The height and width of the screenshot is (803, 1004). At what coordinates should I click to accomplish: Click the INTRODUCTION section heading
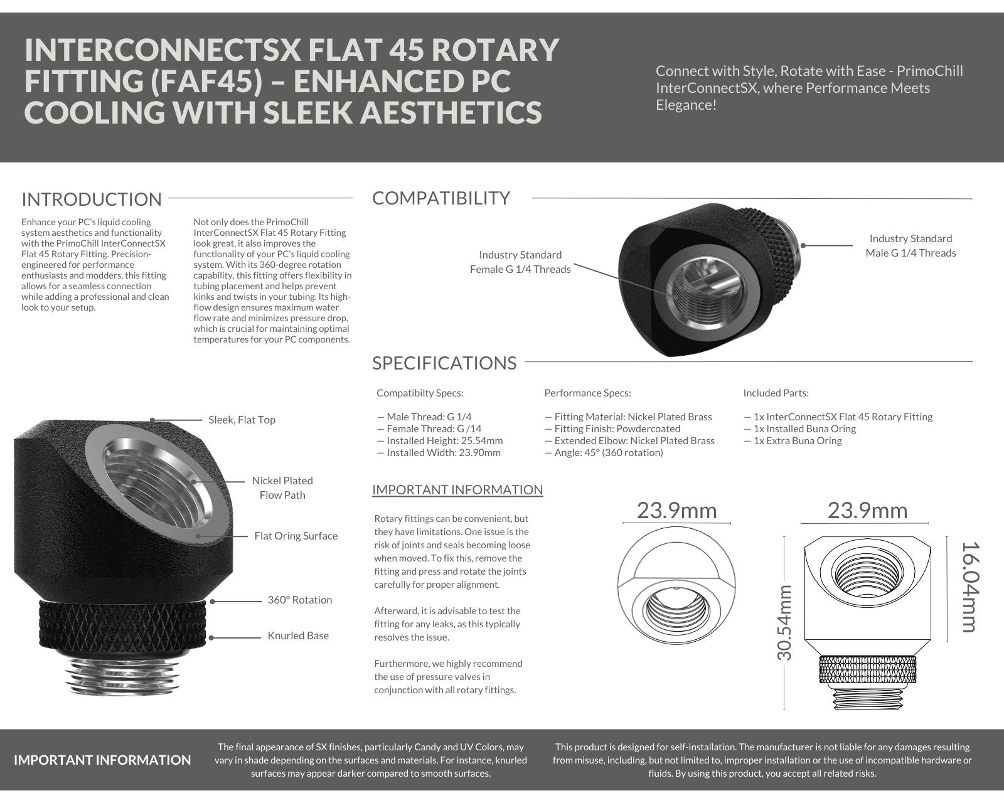pyautogui.click(x=92, y=199)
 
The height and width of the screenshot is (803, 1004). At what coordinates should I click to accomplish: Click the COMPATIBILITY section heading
pyautogui.click(x=441, y=198)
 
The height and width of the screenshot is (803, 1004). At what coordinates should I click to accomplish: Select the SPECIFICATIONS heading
pyautogui.click(x=444, y=363)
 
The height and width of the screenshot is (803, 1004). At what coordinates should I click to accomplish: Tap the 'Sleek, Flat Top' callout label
pyautogui.click(x=242, y=420)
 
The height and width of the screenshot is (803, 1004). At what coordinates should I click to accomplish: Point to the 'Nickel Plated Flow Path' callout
pyautogui.click(x=282, y=487)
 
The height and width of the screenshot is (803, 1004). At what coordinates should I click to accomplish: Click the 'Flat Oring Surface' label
pyautogui.click(x=296, y=536)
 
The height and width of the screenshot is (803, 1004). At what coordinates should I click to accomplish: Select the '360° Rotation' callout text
pyautogui.click(x=299, y=600)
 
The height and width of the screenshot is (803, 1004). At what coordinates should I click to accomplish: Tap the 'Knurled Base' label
pyautogui.click(x=298, y=635)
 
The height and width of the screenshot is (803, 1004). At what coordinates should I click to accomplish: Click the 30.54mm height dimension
pyautogui.click(x=784, y=622)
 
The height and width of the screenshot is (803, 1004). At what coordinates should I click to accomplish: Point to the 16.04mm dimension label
pyautogui.click(x=969, y=586)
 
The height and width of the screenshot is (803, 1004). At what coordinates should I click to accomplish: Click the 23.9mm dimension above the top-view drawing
pyautogui.click(x=676, y=511)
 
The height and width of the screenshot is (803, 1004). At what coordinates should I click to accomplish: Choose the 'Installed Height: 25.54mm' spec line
pyautogui.click(x=440, y=440)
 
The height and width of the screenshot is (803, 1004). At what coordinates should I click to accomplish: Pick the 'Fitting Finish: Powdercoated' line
pyautogui.click(x=612, y=428)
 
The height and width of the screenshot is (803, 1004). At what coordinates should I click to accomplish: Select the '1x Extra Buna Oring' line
pyautogui.click(x=793, y=440)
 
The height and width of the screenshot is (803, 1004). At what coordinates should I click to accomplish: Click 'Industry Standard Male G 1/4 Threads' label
pyautogui.click(x=911, y=245)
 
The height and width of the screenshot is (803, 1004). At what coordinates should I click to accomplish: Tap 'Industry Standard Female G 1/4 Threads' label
pyautogui.click(x=520, y=262)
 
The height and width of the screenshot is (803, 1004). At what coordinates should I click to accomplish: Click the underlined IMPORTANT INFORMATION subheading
pyautogui.click(x=457, y=490)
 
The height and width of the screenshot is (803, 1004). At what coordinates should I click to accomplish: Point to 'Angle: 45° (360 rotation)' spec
pyautogui.click(x=604, y=452)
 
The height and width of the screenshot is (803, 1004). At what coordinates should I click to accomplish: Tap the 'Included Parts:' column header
pyautogui.click(x=776, y=393)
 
